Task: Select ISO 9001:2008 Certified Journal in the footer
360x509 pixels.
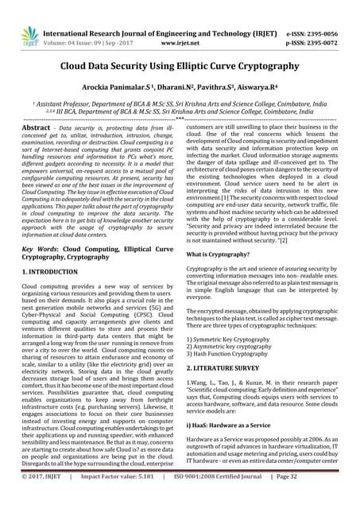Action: (233, 498)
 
